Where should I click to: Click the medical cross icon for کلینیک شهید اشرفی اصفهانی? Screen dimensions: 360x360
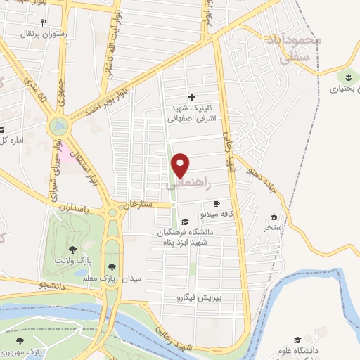click(x=191, y=97)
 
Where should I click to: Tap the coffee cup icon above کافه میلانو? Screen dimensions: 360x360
click(x=217, y=203)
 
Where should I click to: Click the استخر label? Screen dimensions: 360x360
click(x=273, y=228)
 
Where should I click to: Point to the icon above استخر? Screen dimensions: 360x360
click(x=274, y=217)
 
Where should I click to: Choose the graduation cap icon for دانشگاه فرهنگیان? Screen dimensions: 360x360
click(x=183, y=219)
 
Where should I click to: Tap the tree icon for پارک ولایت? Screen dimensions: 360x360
click(x=72, y=250)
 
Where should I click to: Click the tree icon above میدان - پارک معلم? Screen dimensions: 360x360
click(x=112, y=267)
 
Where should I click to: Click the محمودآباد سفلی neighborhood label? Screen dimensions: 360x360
click(x=290, y=51)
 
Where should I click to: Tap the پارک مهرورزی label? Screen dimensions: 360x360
click(x=22, y=352)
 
